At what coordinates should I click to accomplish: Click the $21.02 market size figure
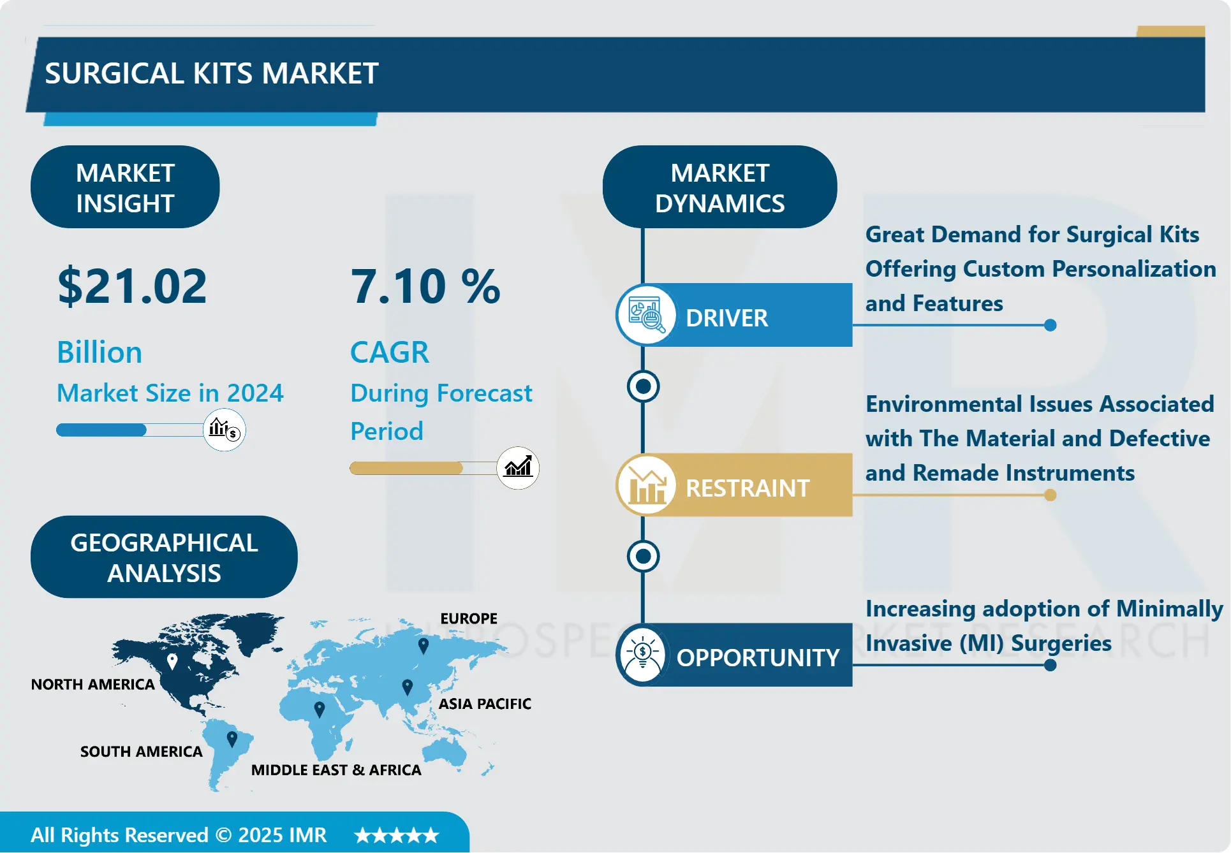point(132,286)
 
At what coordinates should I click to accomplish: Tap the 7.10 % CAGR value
point(425,286)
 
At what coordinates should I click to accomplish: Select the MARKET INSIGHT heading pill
point(125,187)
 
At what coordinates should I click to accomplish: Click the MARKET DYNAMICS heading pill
point(719,187)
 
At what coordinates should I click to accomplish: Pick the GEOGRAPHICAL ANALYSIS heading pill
point(164,557)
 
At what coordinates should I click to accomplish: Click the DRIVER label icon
point(647,315)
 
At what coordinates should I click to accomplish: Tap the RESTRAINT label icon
point(647,485)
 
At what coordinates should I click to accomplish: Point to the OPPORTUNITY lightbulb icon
point(643,655)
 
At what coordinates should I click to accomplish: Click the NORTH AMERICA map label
point(93,685)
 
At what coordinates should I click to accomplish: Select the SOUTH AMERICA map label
point(142,752)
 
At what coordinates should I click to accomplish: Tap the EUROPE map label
point(469,618)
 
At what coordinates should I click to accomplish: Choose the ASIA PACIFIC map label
point(485,704)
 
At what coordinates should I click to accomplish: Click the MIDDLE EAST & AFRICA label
point(336,770)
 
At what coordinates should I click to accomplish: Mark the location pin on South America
point(232,739)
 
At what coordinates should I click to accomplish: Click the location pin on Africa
point(320,709)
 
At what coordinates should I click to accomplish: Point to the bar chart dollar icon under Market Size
point(224,430)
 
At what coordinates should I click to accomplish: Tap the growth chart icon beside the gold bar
point(518,468)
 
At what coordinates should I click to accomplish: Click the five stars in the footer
point(397,835)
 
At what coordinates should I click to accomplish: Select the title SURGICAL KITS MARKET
point(212,73)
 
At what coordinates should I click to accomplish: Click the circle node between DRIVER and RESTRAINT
point(643,386)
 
